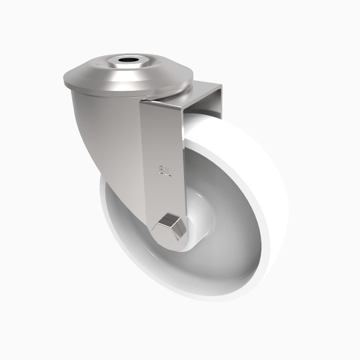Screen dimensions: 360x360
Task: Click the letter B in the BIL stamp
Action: (161, 170)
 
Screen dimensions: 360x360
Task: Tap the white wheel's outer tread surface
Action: (252, 180)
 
